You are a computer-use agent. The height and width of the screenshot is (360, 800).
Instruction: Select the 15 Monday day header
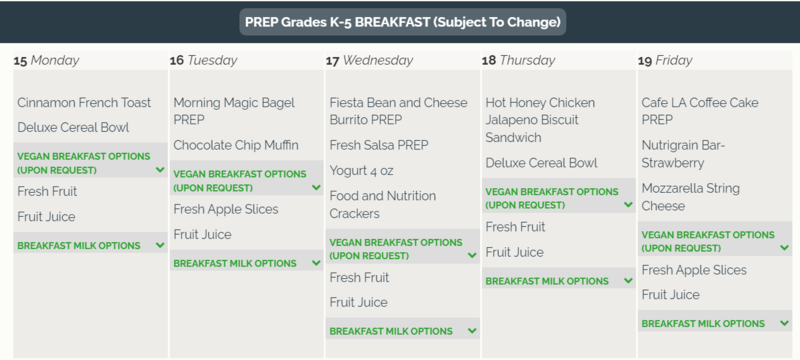pyautogui.click(x=46, y=60)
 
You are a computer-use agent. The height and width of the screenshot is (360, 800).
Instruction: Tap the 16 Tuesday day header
pyautogui.click(x=204, y=60)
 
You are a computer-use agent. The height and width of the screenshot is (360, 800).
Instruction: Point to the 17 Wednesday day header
pyautogui.click(x=369, y=60)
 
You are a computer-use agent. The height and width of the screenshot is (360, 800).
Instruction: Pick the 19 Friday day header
pyautogui.click(x=665, y=60)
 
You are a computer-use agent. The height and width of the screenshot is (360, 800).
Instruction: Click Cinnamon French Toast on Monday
pyautogui.click(x=84, y=102)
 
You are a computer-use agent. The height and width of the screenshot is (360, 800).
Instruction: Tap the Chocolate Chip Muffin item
pyautogui.click(x=236, y=145)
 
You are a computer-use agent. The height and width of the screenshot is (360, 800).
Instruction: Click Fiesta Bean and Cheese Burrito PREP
pyautogui.click(x=398, y=111)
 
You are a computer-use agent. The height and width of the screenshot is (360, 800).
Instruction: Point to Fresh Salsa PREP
pyautogui.click(x=379, y=145)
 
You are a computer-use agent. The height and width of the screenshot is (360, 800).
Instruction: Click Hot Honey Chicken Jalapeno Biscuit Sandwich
pyautogui.click(x=540, y=120)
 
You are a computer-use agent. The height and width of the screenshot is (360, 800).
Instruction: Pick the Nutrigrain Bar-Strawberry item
pyautogui.click(x=686, y=154)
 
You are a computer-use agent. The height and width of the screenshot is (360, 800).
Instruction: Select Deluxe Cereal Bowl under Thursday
pyautogui.click(x=541, y=163)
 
